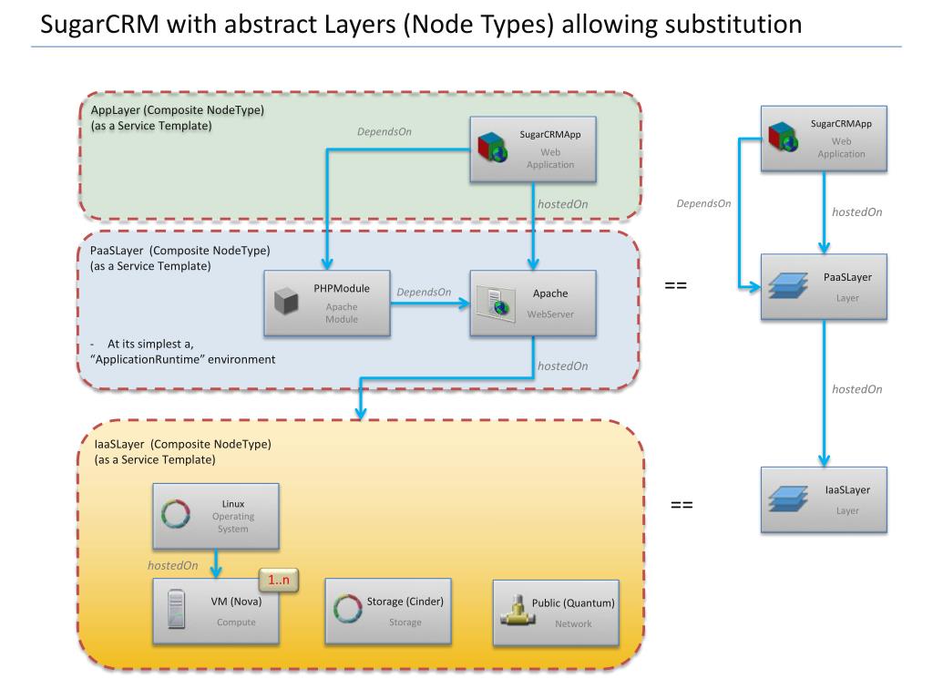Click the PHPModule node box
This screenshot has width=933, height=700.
327,302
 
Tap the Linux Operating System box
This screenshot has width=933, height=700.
216,515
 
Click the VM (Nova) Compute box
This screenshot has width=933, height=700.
216,611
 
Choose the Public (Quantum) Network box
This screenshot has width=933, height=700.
555,612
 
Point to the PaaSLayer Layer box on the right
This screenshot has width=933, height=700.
824,287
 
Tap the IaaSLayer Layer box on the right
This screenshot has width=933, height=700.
824,499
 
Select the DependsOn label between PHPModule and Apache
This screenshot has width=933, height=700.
424,293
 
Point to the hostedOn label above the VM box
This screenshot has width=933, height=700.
173,565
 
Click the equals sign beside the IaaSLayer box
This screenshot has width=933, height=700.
682,504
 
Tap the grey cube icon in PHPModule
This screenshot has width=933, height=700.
287,303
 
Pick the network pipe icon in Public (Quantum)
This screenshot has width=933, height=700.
517,611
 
